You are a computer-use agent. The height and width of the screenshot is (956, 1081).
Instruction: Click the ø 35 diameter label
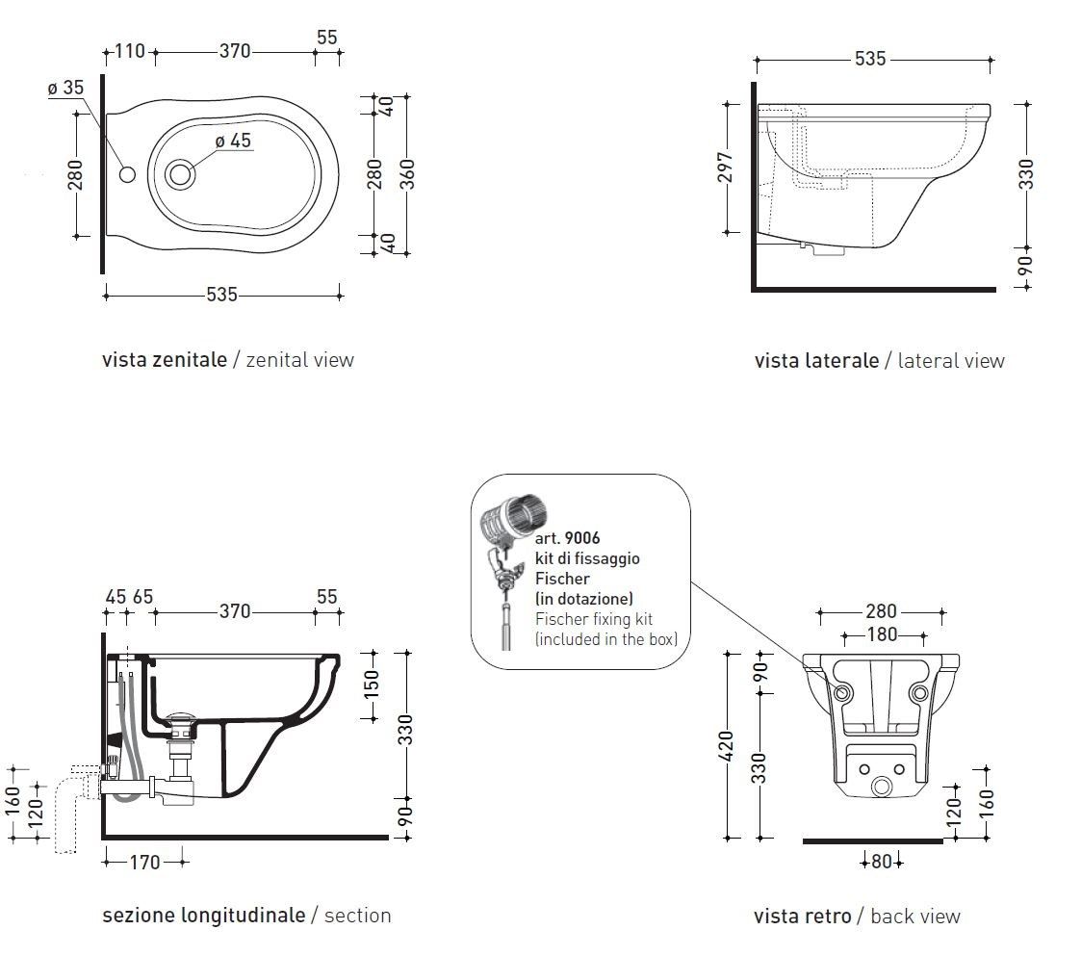(65, 88)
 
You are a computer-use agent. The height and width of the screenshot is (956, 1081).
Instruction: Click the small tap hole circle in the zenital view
(127, 174)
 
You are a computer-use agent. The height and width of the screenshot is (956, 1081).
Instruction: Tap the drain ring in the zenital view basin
(180, 174)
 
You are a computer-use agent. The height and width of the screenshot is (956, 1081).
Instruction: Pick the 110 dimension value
(130, 51)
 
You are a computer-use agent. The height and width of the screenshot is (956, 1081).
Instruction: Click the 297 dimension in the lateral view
(727, 167)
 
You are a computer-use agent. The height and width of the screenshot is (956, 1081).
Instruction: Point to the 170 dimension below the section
(144, 863)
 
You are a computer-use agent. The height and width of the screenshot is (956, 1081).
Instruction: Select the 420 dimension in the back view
(727, 745)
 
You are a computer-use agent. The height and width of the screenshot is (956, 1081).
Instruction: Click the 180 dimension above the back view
(882, 634)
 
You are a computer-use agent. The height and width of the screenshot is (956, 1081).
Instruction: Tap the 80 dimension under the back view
(882, 862)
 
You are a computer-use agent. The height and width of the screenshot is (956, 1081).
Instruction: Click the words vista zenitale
(165, 360)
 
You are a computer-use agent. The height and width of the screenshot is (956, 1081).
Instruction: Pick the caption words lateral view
(951, 361)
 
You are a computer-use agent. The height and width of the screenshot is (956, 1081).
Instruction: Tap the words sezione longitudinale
(203, 915)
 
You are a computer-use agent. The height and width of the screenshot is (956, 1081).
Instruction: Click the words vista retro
(803, 916)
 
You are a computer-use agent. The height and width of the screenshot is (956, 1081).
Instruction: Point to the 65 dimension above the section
(142, 597)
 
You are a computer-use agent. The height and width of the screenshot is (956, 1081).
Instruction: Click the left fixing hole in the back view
(842, 692)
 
